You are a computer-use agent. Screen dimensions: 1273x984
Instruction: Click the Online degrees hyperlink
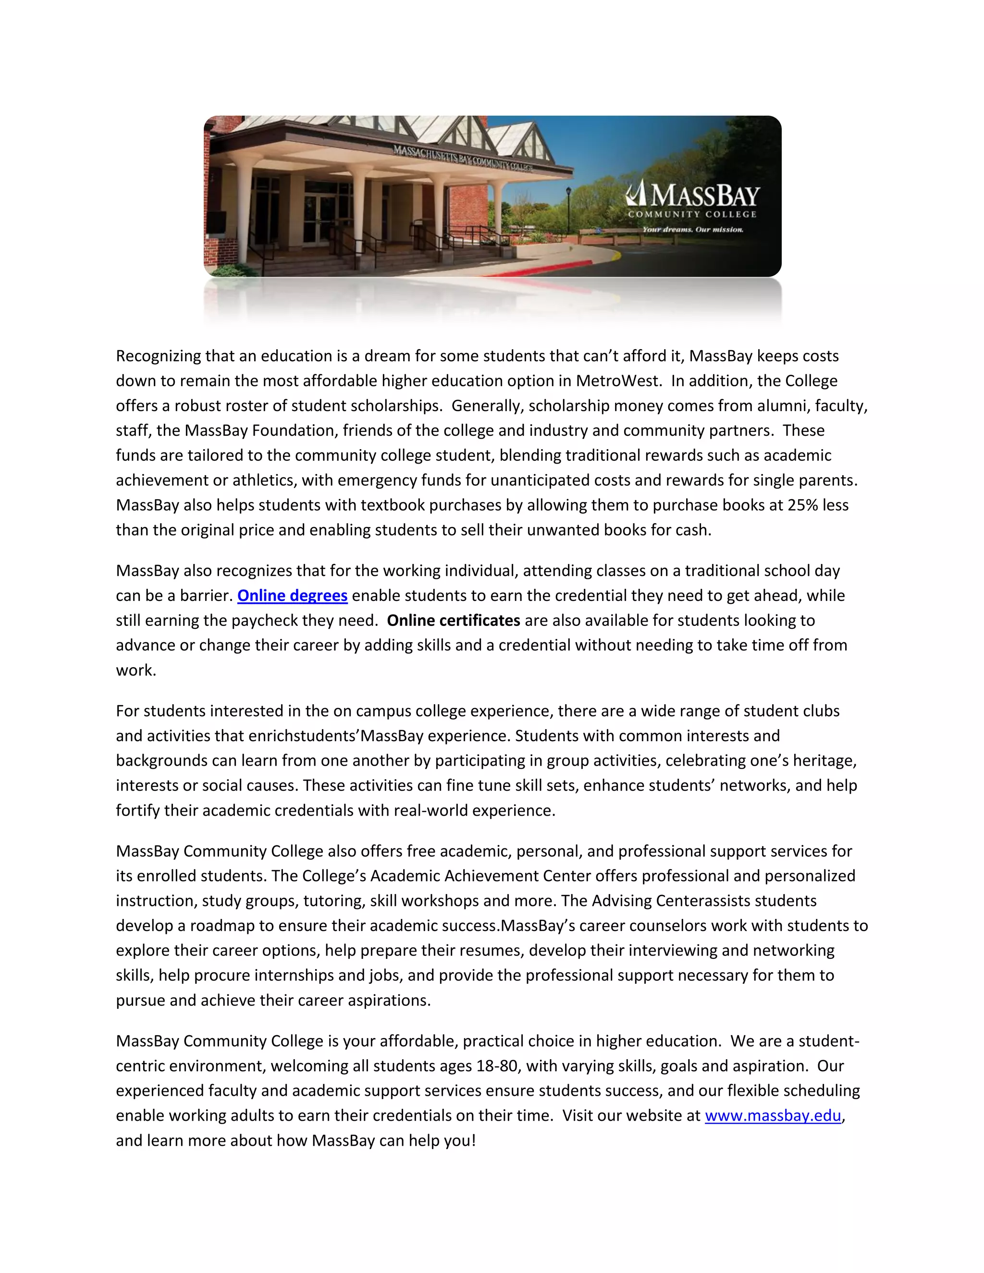click(292, 596)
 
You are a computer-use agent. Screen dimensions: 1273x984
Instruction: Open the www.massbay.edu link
click(773, 1115)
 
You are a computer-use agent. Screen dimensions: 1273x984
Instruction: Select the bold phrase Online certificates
click(453, 620)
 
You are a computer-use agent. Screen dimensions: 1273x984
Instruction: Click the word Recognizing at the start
click(159, 356)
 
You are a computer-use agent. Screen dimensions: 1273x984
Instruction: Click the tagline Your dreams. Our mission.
click(692, 230)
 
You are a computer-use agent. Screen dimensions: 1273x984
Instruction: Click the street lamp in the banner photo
click(568, 210)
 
